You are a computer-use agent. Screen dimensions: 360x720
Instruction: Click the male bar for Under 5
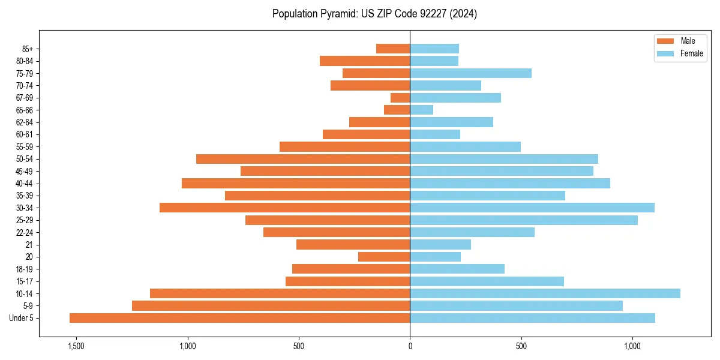click(x=240, y=318)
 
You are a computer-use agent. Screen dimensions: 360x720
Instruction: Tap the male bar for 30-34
click(x=285, y=208)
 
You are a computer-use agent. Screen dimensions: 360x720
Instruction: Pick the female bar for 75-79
click(x=470, y=73)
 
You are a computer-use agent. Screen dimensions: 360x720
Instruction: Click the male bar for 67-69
click(x=400, y=98)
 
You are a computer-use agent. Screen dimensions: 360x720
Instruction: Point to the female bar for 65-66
click(x=421, y=110)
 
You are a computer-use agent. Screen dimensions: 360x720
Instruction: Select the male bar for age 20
click(x=384, y=257)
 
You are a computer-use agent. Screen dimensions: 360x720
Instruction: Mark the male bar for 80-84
click(x=365, y=61)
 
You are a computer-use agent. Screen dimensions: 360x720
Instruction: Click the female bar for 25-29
click(x=524, y=220)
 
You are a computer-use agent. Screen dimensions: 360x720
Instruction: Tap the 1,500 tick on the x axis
click(x=76, y=346)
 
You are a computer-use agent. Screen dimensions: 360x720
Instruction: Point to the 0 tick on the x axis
click(x=410, y=346)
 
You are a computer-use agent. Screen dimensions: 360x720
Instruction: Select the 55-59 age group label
click(x=25, y=146)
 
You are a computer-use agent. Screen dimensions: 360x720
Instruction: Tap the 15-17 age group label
click(x=25, y=281)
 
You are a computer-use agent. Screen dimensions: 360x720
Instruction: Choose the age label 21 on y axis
click(x=29, y=245)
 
